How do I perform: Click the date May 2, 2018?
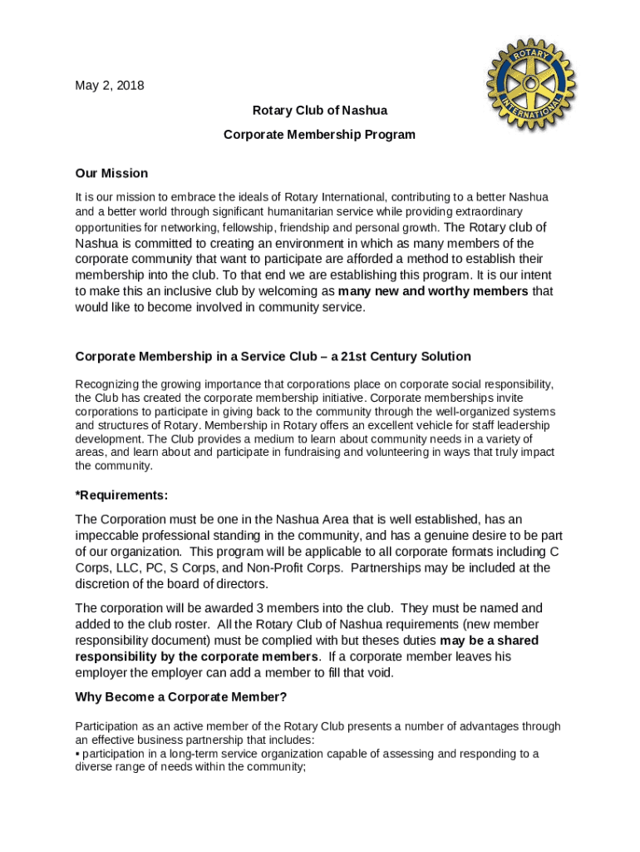tap(109, 85)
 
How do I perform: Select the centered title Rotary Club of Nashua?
tap(319, 110)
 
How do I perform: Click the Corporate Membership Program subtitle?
tap(319, 134)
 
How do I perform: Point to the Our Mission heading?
tap(111, 173)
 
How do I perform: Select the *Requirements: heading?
tap(121, 495)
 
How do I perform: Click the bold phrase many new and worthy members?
tap(433, 291)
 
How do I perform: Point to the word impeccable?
tap(108, 535)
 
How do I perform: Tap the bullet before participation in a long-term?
tap(77, 754)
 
